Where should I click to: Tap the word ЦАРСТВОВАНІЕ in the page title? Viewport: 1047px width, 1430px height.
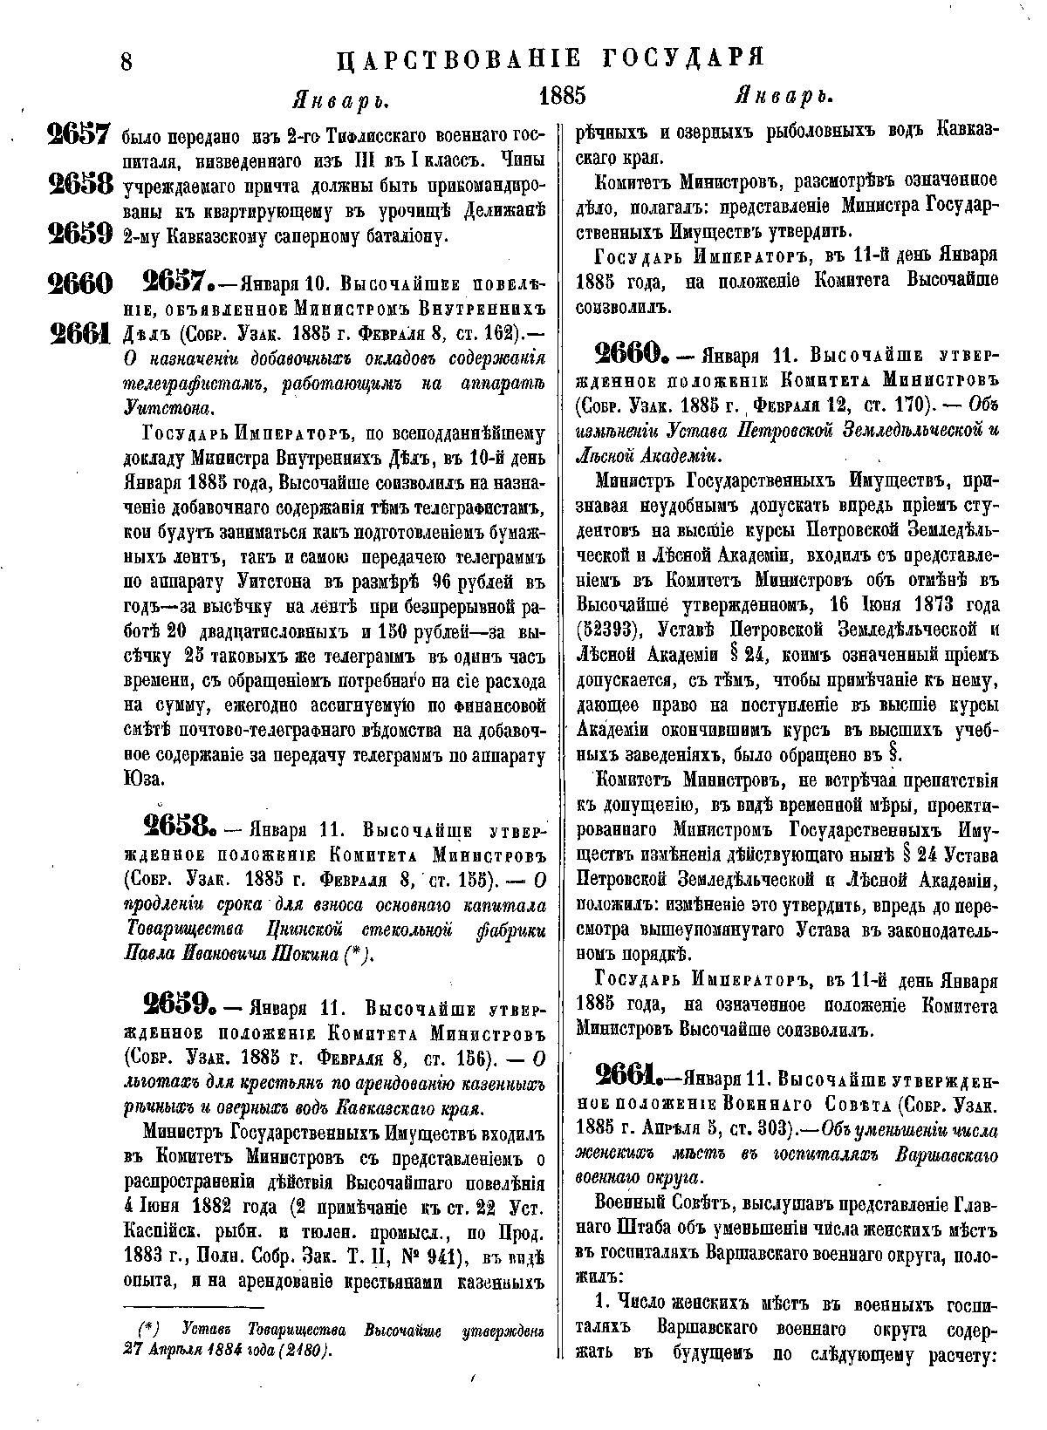pyautogui.click(x=459, y=59)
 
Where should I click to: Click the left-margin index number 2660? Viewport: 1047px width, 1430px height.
pyautogui.click(x=79, y=283)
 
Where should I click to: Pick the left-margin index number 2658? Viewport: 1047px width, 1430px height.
pyautogui.click(x=79, y=185)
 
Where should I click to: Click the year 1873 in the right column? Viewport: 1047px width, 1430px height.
pyautogui.click(x=965, y=605)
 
